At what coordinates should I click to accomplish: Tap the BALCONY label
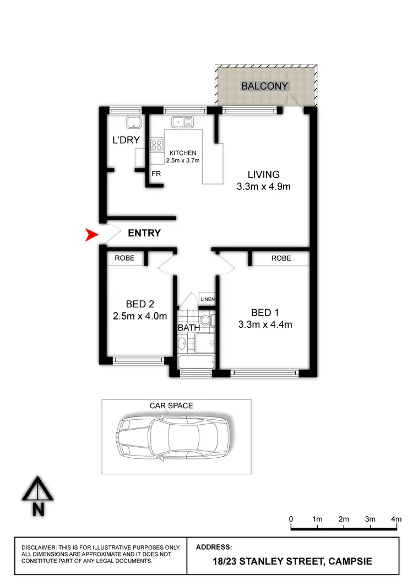[x=265, y=86]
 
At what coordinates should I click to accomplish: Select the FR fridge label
[x=156, y=174]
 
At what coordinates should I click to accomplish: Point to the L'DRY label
[x=126, y=140]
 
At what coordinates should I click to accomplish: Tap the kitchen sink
[x=181, y=122]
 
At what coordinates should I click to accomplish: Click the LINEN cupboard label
[x=207, y=299]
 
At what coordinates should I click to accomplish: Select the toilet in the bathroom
[x=206, y=321]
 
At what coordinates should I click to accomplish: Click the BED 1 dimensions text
[x=265, y=324]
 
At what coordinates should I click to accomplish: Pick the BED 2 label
[x=140, y=304]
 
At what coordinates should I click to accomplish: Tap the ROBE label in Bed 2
[x=124, y=258]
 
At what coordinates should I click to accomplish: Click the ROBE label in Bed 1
[x=281, y=258]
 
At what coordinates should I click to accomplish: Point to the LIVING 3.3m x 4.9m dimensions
[x=264, y=187]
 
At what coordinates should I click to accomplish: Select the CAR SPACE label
[x=171, y=405]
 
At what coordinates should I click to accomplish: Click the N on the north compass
[x=38, y=510]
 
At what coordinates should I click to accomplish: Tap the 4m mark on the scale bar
[x=396, y=519]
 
